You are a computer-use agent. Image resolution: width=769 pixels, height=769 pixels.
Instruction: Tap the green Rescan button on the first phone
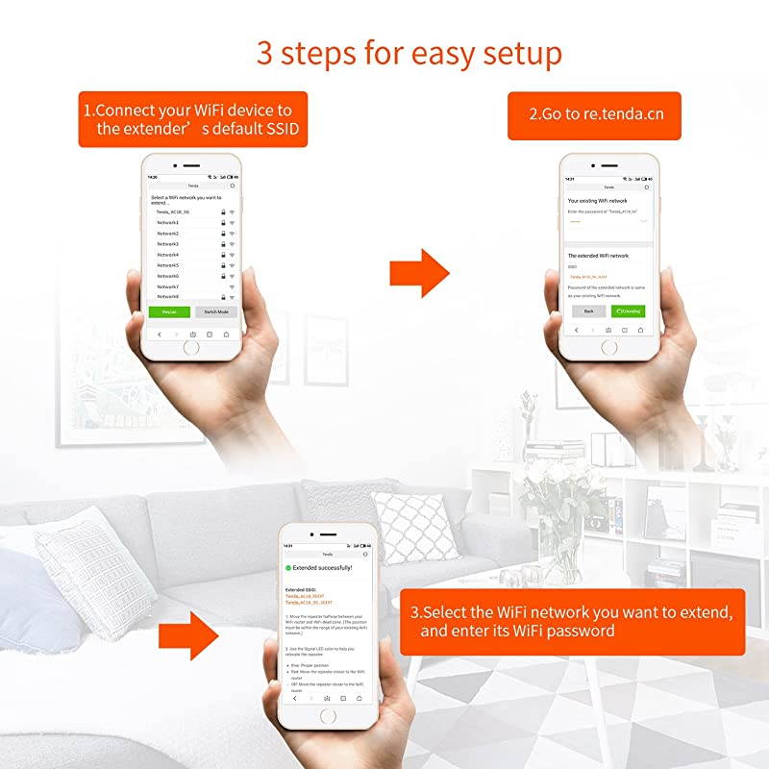(169, 312)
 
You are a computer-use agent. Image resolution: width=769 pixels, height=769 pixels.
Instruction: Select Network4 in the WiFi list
(168, 255)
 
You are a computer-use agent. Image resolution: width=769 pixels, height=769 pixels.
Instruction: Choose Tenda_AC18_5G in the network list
(173, 211)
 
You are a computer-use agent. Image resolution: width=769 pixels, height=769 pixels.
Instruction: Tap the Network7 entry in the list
(168, 286)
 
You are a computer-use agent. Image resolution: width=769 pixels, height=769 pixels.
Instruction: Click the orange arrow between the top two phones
(419, 272)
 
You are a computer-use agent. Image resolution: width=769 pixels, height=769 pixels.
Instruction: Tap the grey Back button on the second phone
(588, 311)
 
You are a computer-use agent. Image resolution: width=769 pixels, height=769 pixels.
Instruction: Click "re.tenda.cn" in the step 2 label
(623, 114)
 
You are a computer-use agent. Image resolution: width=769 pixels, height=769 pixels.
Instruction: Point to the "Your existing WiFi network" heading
(598, 200)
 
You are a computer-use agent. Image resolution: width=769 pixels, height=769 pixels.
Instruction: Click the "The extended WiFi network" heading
(598, 256)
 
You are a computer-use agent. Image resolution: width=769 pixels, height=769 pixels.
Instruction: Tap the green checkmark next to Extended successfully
(286, 568)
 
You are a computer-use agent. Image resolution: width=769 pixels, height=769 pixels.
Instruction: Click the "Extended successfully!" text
(323, 568)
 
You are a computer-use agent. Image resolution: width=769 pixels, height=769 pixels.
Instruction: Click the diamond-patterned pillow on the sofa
(415, 527)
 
